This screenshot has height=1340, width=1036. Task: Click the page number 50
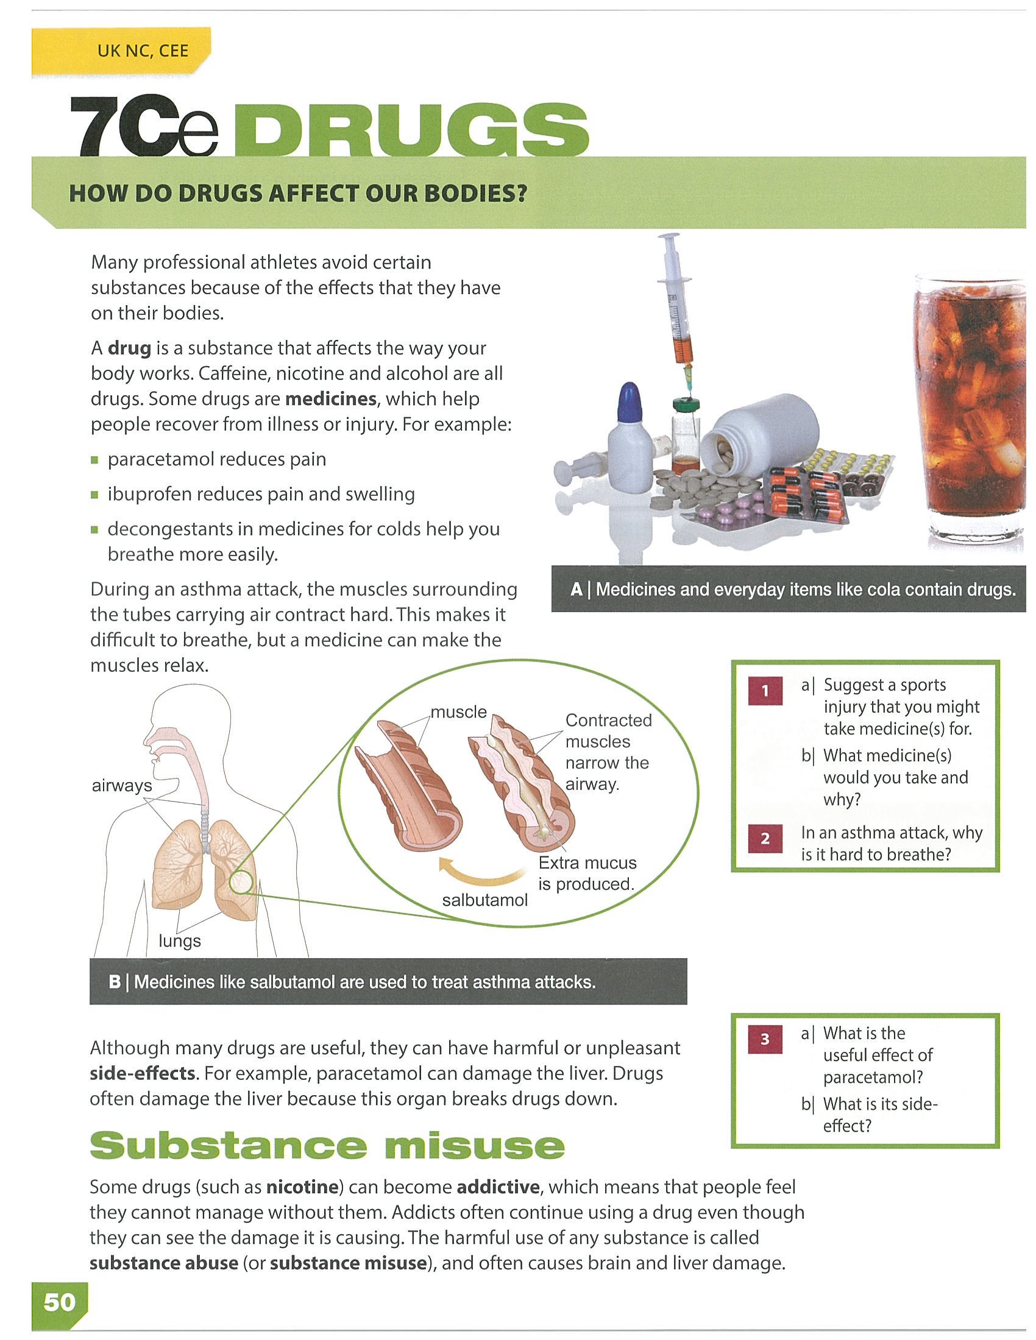tap(59, 1302)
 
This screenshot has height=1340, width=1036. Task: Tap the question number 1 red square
tap(765, 691)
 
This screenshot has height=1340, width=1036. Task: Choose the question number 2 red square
tap(765, 839)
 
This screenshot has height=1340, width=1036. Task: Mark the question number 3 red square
tap(765, 1039)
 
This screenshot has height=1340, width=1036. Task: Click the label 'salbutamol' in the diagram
tap(485, 900)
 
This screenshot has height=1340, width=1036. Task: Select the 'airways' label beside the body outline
tap(121, 785)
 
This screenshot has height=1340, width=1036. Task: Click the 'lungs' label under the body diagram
tap(180, 940)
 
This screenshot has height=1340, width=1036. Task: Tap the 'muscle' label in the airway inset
tap(458, 711)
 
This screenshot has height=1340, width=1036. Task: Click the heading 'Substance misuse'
tap(327, 1145)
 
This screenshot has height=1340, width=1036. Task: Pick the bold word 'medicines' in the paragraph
tap(331, 399)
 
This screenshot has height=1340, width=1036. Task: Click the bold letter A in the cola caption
tap(576, 590)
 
